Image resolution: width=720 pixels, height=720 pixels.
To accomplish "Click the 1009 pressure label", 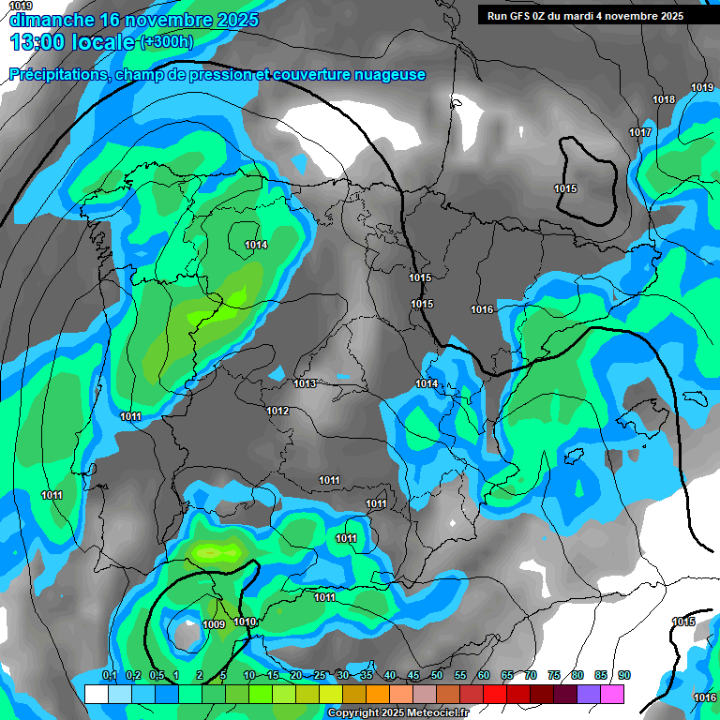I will (x=213, y=625).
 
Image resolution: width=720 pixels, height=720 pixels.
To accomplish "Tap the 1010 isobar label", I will (x=246, y=622).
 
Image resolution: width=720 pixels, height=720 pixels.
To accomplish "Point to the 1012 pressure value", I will (x=277, y=412).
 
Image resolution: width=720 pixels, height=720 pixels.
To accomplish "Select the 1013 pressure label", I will (x=305, y=383).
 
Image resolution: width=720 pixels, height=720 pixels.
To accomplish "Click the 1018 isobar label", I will (x=664, y=100).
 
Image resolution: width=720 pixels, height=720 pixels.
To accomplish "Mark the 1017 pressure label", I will (x=640, y=133).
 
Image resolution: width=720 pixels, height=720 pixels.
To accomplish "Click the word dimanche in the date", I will (x=52, y=20).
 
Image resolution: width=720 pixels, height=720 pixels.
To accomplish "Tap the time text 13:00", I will (x=42, y=42).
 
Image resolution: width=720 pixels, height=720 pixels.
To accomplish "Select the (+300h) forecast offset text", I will (x=166, y=42).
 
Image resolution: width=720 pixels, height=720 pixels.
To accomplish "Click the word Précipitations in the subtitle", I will (x=58, y=75).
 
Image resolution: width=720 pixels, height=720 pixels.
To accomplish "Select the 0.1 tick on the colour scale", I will (x=109, y=676).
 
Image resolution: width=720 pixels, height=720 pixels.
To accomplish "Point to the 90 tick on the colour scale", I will (x=624, y=676).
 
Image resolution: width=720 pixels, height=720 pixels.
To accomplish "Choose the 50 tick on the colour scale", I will (x=437, y=676).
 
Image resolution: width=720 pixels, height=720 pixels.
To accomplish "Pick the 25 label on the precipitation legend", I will (x=320, y=676).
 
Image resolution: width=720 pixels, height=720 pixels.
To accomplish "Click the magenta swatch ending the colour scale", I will (x=612, y=694).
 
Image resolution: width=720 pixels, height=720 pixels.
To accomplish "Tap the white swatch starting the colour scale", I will (x=96, y=694).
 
